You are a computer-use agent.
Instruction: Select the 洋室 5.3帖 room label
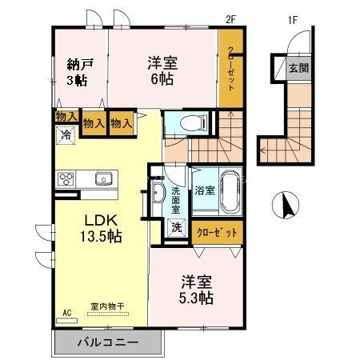pos(195,290)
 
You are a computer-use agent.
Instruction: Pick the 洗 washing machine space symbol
pos(175,226)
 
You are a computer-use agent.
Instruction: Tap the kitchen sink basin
pos(102,178)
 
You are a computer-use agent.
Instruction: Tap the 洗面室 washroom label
pos(176,198)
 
